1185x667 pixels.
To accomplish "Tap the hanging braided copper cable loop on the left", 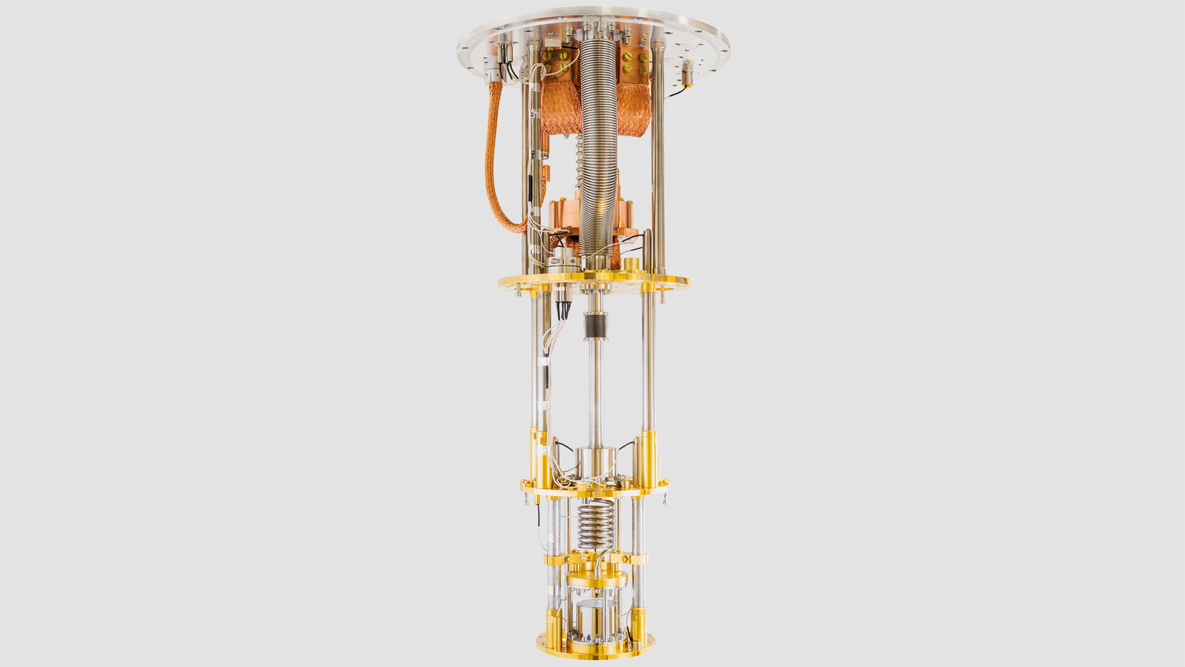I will click(494, 173).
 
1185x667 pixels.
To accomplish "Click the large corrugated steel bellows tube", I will click(597, 136).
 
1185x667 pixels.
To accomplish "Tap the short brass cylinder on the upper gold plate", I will click(631, 264).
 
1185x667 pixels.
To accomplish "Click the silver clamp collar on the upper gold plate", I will click(562, 262).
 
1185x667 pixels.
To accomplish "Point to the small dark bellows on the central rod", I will click(595, 325).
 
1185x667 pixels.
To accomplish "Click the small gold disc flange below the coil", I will click(596, 579).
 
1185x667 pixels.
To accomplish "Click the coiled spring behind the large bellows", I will click(580, 161).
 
